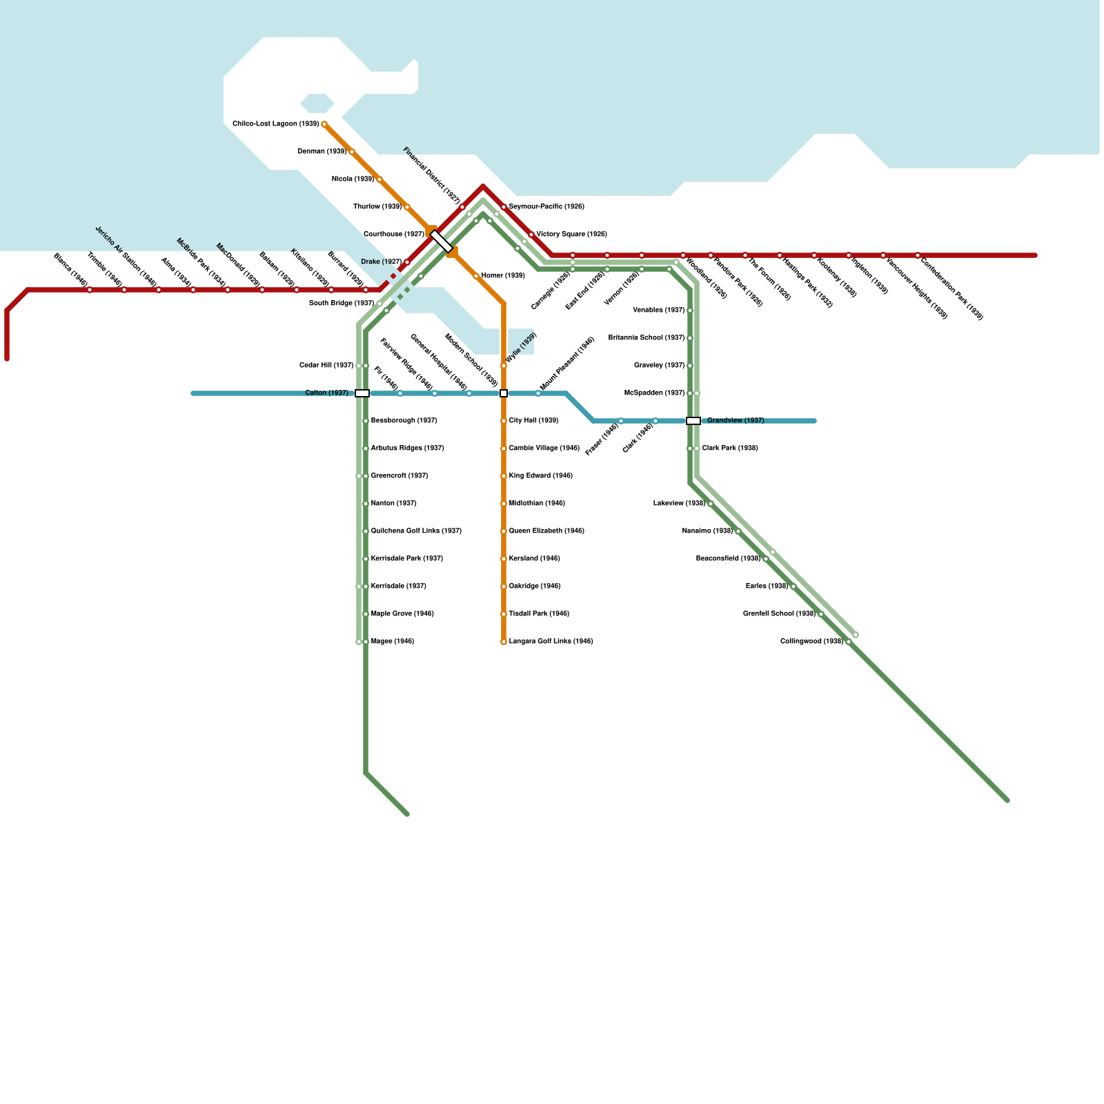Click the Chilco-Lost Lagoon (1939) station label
[275, 124]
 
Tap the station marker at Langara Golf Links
[504, 642]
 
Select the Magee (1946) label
[392, 642]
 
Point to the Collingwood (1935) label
[811, 642]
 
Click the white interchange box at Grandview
[693, 421]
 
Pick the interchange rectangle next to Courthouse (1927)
[442, 241]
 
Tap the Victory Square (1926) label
[571, 235]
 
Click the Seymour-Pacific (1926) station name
[546, 207]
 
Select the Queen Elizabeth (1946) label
[546, 531]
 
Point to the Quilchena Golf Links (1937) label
[416, 531]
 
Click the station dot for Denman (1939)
[352, 152]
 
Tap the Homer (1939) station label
[503, 276]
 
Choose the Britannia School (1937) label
[646, 338]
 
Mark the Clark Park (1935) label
[729, 448]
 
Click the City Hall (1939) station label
[533, 421]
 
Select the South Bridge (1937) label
[341, 304]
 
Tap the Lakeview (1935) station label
[679, 504]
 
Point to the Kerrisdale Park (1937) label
[406, 559]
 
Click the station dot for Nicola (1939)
[379, 179]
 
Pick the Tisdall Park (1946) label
[539, 614]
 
